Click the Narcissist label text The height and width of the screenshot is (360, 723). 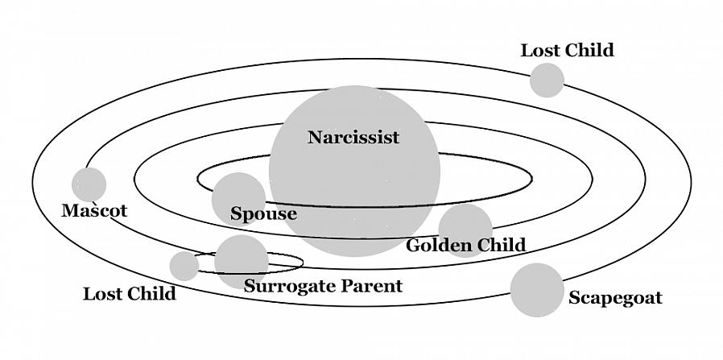coord(353,137)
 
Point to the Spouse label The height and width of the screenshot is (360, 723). coord(263,214)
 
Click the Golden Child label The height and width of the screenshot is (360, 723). coord(465,245)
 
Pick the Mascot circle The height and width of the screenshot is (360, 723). coord(89,184)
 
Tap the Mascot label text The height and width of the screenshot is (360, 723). coord(94,211)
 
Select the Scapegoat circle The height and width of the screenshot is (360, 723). coord(537,290)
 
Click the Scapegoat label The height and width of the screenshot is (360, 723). coord(615,298)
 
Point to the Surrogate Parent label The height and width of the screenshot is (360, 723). coord(323,286)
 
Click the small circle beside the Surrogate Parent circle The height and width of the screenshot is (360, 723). coord(184,266)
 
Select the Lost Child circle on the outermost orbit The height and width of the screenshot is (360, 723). coord(547,81)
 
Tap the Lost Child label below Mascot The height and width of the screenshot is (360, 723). coord(129,294)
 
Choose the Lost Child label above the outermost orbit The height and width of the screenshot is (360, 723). coord(567,51)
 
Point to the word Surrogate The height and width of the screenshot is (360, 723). coord(289,286)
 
